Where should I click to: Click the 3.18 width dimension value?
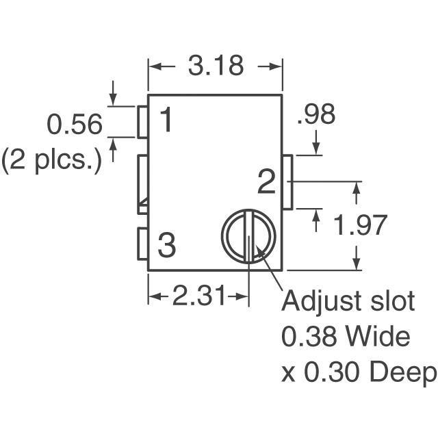[x=215, y=67]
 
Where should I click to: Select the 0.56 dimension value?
[x=75, y=125]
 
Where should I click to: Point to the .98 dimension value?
[x=315, y=115]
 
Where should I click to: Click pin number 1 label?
[x=166, y=121]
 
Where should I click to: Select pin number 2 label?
[x=266, y=182]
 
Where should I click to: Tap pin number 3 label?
[x=167, y=245]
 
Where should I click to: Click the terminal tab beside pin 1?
[x=143, y=121]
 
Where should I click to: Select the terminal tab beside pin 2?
[x=287, y=182]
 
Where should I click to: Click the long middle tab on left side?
[x=143, y=181]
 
